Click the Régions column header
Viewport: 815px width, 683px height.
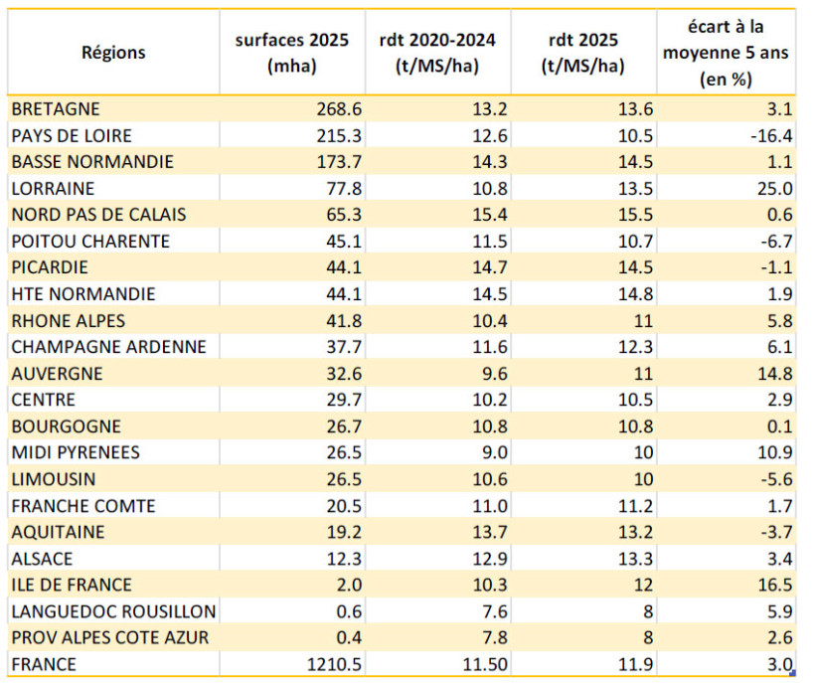[x=112, y=53]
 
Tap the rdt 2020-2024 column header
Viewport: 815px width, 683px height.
[x=438, y=53]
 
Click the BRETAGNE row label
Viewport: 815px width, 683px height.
[x=56, y=108]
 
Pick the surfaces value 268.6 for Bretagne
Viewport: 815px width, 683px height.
[x=326, y=108]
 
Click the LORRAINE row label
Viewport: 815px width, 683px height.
[x=53, y=188]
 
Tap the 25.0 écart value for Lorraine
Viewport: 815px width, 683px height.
[x=773, y=188]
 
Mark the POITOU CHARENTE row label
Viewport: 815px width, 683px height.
[x=90, y=242]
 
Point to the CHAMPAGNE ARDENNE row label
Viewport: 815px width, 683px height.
[x=108, y=347]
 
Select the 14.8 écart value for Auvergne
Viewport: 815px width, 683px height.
[x=773, y=374]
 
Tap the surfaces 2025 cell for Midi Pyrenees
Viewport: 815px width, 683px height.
[x=331, y=453]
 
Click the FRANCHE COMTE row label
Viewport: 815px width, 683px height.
[x=83, y=506]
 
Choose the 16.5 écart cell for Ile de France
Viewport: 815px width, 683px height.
[x=773, y=586]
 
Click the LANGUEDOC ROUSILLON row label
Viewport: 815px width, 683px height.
[x=113, y=611]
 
